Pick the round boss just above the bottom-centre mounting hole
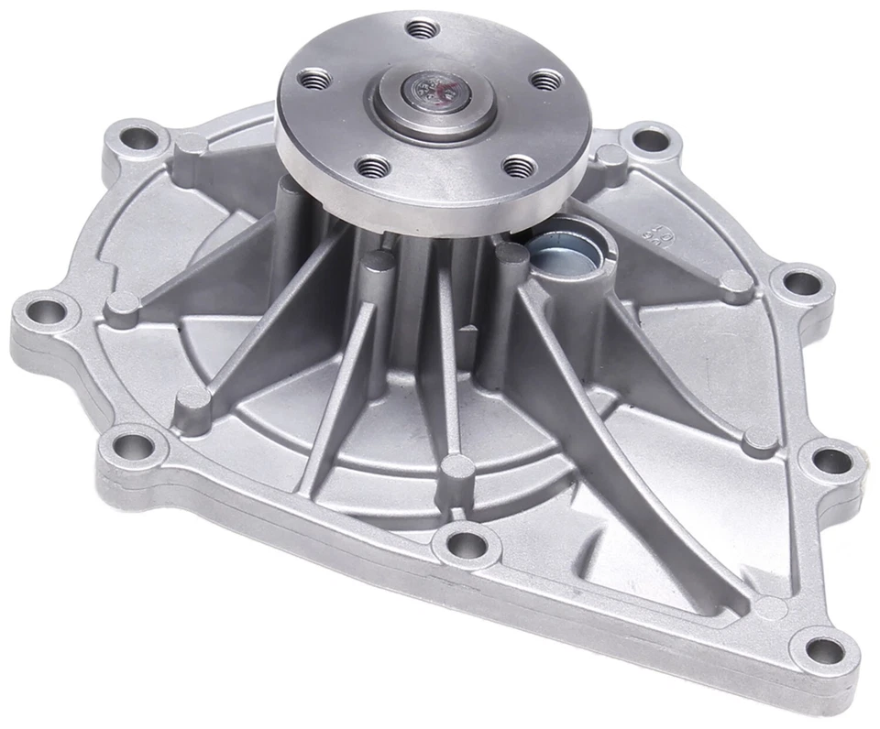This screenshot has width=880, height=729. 456,469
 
